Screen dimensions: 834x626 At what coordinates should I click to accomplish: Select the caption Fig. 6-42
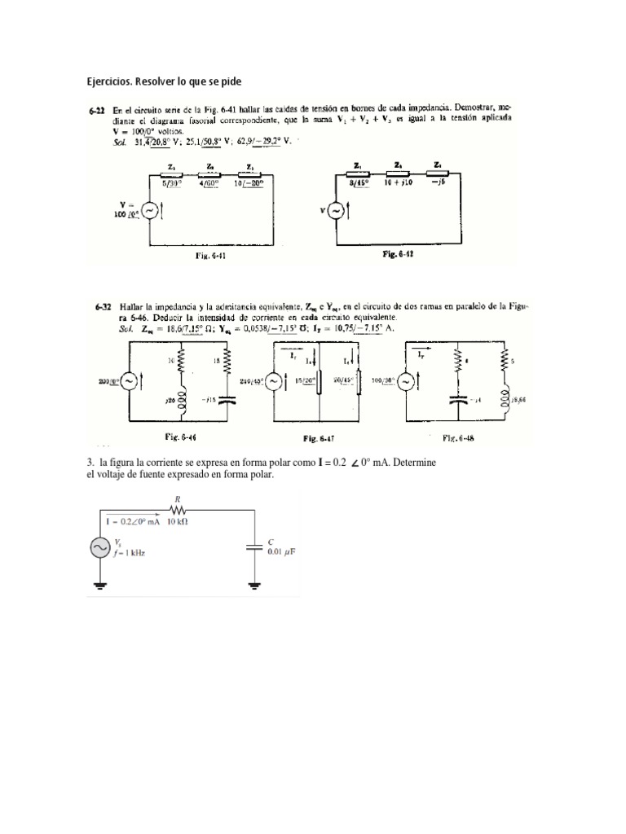[398, 254]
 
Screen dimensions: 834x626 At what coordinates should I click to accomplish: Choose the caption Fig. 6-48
[459, 437]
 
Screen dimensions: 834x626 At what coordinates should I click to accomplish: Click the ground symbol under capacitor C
[255, 584]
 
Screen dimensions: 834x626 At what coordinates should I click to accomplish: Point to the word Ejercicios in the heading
[109, 81]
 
